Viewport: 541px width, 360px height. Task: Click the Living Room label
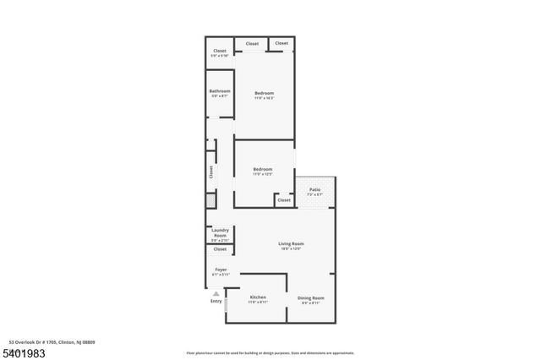[291, 244]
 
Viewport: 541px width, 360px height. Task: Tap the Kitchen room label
[258, 298]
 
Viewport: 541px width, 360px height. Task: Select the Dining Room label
[310, 298]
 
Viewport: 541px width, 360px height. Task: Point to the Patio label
[314, 189]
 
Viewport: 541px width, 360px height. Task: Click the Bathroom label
[220, 91]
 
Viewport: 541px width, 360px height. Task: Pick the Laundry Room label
[220, 232]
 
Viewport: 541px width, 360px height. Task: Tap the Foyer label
[221, 270]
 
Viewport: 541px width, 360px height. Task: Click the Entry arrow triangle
[216, 294]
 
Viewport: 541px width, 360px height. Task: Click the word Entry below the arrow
[216, 302]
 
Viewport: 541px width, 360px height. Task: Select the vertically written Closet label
[211, 172]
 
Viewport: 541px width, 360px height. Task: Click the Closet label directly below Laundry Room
[220, 249]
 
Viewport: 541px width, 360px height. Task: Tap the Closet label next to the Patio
[284, 200]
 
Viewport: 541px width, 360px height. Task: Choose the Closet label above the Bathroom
[220, 51]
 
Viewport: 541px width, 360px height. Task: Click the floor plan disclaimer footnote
[270, 353]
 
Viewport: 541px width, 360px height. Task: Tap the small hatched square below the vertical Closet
[210, 201]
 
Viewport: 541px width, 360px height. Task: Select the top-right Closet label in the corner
[281, 43]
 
